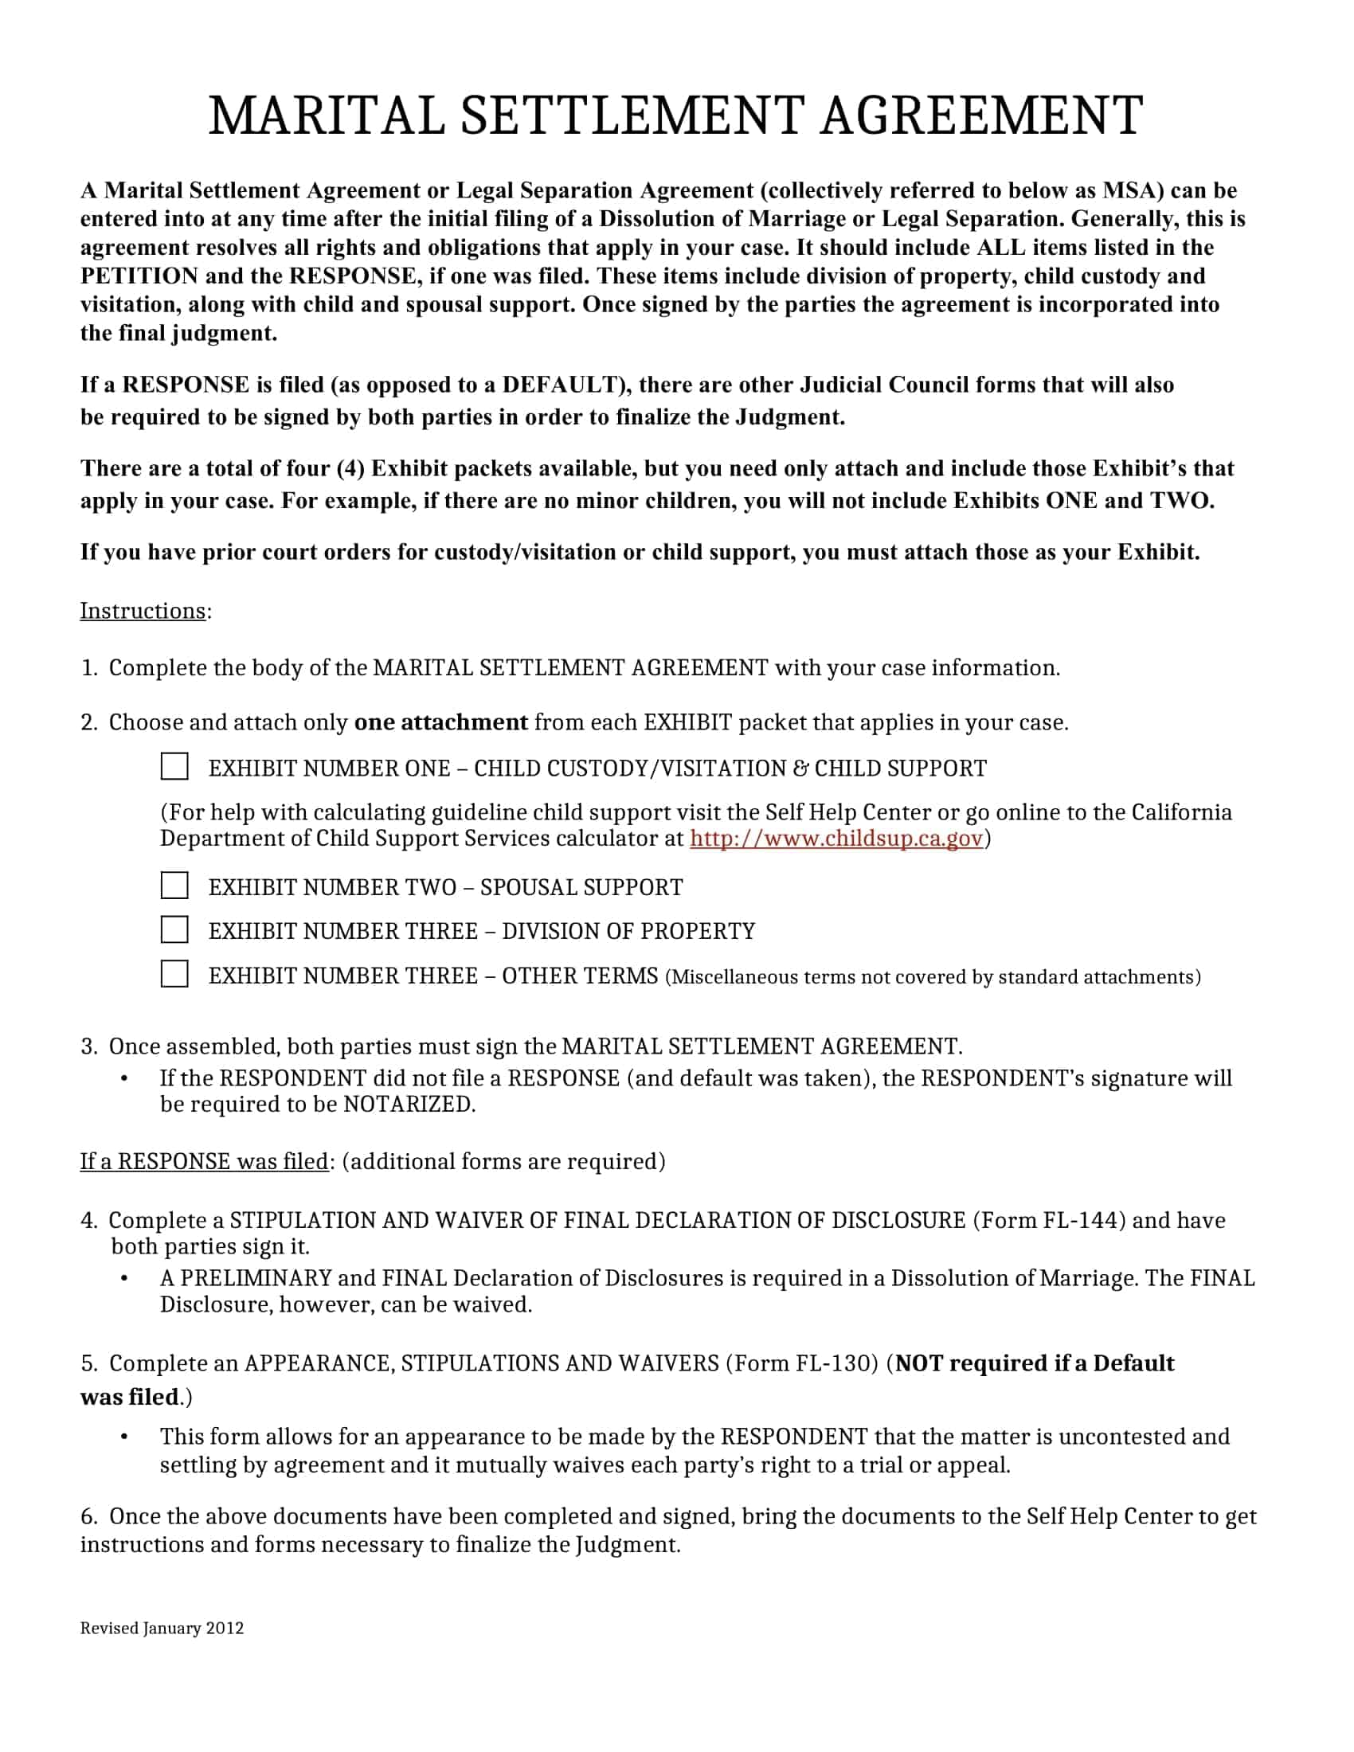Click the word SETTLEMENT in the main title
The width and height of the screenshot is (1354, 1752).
632,115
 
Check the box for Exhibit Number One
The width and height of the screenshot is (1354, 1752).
174,766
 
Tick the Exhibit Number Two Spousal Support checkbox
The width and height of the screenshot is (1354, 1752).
174,886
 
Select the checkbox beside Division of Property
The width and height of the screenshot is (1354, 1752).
174,929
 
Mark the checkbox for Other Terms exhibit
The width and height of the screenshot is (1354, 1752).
174,974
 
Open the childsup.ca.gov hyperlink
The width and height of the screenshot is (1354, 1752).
835,839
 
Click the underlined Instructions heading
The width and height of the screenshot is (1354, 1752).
143,612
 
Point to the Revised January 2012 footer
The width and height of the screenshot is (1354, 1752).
161,1628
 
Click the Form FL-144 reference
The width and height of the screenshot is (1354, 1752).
1049,1220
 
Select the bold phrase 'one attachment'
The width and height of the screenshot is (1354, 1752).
440,723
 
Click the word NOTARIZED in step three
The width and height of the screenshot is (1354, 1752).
409,1105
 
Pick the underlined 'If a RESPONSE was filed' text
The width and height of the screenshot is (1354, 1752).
204,1162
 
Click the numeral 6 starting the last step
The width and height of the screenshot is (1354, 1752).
88,1517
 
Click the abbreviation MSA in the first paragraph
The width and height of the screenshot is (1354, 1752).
1132,191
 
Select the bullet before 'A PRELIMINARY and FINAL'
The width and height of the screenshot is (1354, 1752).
124,1279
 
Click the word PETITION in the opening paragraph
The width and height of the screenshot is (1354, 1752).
138,276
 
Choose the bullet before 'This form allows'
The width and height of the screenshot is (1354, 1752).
124,1437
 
